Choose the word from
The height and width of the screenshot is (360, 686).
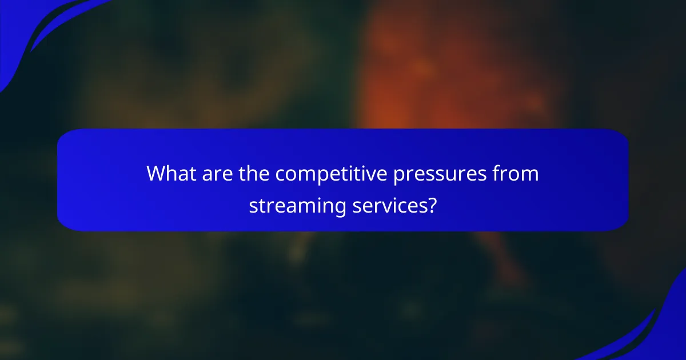pos(517,174)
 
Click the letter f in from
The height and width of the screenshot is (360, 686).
pos(498,174)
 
